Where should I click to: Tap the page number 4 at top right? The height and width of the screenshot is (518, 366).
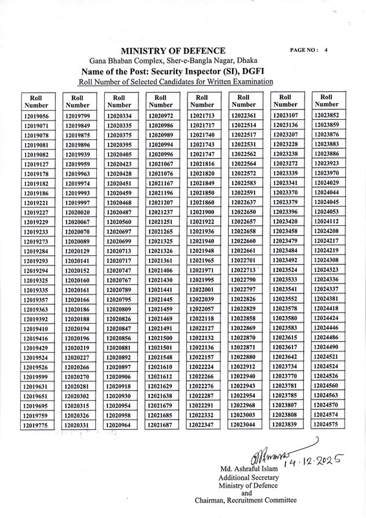[x=327, y=50]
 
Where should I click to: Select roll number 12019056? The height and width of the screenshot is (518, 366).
[x=36, y=115]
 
